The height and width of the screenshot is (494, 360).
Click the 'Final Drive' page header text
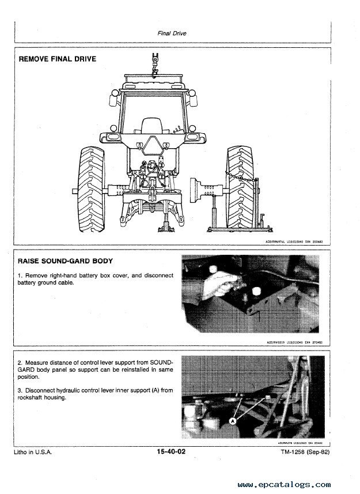click(x=172, y=33)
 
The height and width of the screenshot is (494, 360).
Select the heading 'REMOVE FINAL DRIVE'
click(x=58, y=59)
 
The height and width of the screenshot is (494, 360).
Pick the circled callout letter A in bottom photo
click(x=233, y=421)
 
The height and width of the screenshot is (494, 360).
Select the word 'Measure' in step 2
click(x=39, y=362)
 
